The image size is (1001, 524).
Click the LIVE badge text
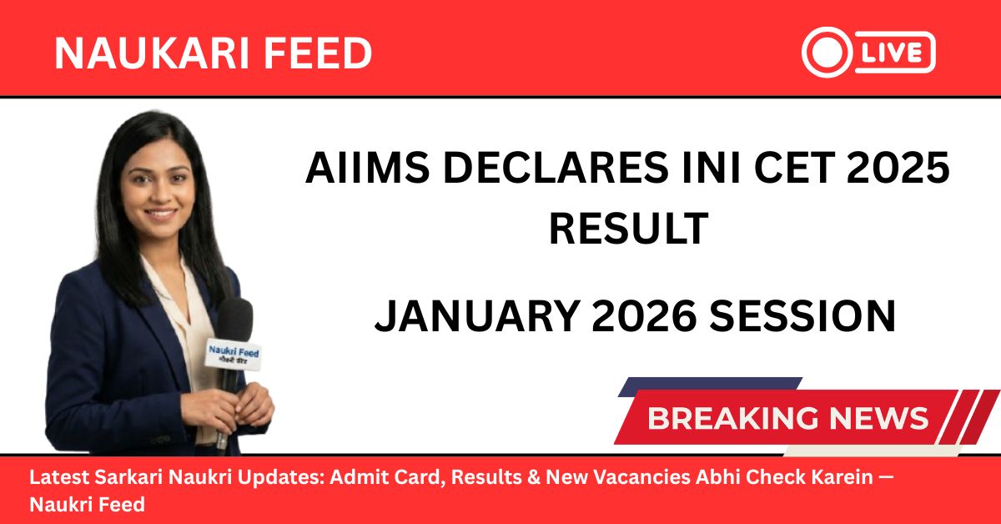coord(893,53)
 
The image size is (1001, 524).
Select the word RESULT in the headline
coord(628,229)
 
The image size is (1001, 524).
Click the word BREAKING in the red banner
coord(738,418)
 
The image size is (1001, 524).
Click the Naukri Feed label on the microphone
coord(234,355)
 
